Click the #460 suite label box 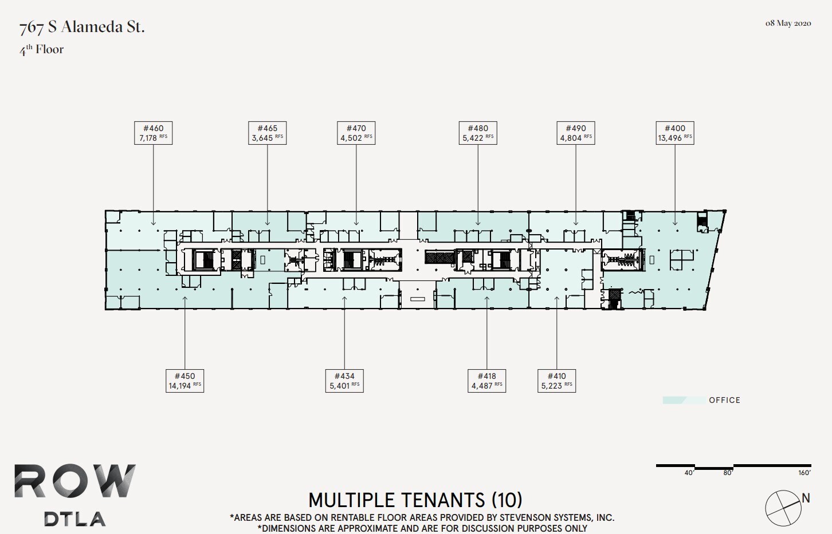click(x=153, y=133)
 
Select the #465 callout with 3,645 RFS click(x=267, y=133)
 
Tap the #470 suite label click(x=356, y=133)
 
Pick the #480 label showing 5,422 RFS click(x=478, y=133)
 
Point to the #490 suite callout click(x=576, y=133)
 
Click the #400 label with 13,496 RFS click(x=674, y=133)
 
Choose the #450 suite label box click(x=185, y=381)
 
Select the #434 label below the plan click(x=344, y=381)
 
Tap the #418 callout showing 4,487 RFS click(x=486, y=381)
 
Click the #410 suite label click(x=556, y=381)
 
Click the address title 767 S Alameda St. click(x=82, y=27)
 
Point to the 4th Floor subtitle click(x=42, y=50)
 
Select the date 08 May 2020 click(x=788, y=23)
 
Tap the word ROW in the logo click(x=75, y=481)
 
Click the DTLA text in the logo click(x=75, y=519)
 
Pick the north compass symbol click(x=783, y=508)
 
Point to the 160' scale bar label click(x=804, y=473)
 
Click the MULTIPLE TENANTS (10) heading click(x=415, y=500)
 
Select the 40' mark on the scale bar click(x=688, y=473)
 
